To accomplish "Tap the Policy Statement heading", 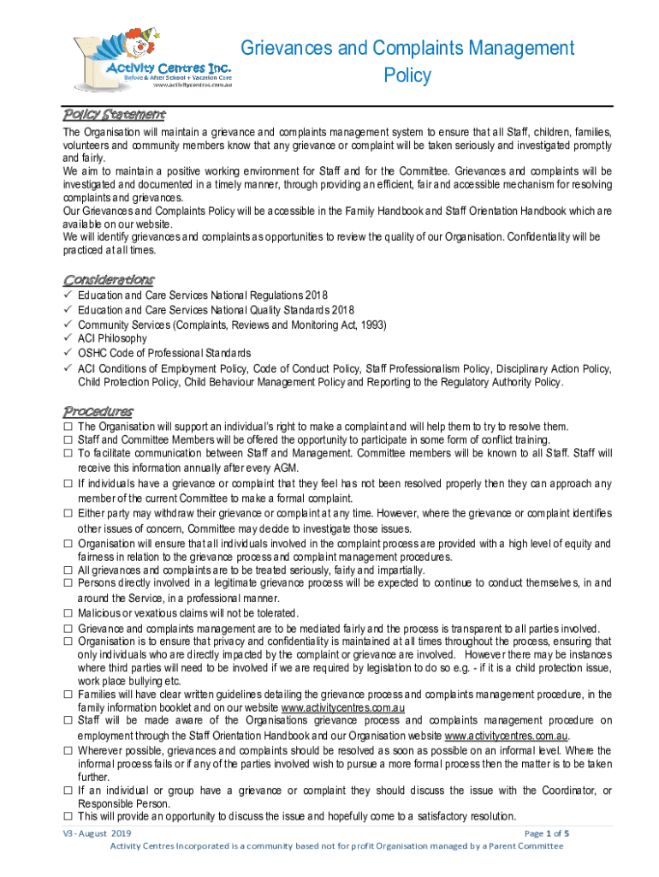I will pos(115,114).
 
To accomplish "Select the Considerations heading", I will pos(109,279).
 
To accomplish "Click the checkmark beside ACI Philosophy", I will pos(67,338).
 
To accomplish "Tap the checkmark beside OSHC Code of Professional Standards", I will pos(67,353).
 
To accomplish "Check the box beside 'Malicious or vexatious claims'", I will pos(67,613).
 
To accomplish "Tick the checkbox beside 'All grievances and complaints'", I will pos(67,570).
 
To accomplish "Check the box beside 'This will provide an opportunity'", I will pos(67,817).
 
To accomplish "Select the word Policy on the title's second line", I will pos(407,75).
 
